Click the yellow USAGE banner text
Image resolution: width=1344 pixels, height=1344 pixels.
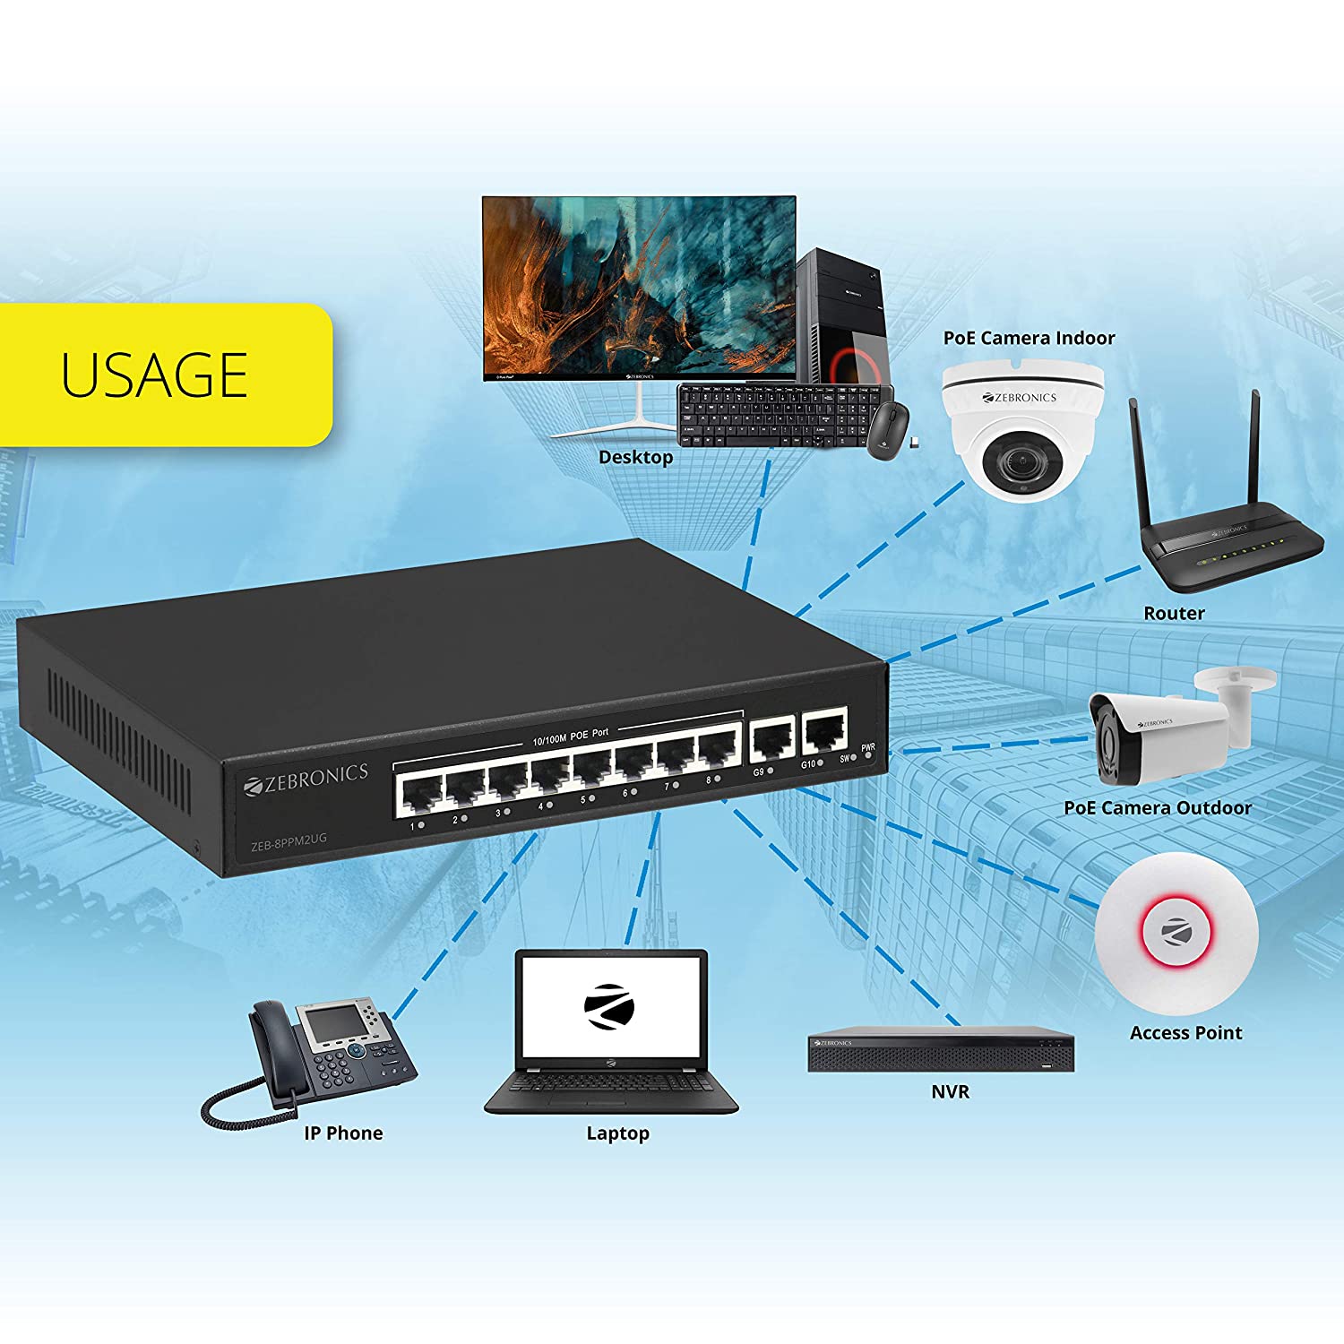coord(154,375)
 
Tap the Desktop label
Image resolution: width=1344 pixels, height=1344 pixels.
coord(635,457)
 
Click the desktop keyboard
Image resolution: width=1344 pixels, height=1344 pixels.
coord(771,413)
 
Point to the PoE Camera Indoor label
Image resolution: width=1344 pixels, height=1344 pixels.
coord(1029,338)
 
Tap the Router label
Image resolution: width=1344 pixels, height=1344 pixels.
coord(1174,613)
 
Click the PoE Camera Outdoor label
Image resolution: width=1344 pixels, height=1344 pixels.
coord(1157,807)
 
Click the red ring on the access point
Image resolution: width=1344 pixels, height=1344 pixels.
coord(1175,932)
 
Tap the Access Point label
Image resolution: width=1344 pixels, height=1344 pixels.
coord(1185,1032)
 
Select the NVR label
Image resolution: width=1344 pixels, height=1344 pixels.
coord(950,1091)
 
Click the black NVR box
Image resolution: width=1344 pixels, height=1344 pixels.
coord(941,1050)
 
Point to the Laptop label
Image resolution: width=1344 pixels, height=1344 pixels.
coord(617,1133)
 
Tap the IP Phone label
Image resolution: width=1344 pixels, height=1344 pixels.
coord(343,1133)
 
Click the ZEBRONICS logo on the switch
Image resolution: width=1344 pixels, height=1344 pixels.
coord(306,778)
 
